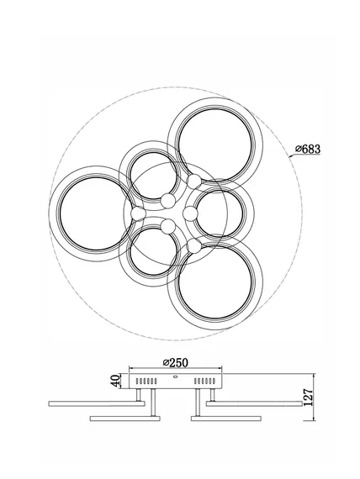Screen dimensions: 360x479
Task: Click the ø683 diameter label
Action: tap(308, 149)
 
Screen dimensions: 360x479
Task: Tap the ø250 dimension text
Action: tap(176, 362)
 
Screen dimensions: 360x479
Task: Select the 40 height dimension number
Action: tap(115, 381)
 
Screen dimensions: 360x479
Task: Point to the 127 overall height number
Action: tap(309, 397)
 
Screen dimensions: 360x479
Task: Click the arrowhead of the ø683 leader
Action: tap(290, 156)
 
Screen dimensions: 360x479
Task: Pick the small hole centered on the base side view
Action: tap(176, 376)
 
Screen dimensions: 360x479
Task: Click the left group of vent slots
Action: tap(146, 381)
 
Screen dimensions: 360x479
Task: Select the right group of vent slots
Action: tap(205, 381)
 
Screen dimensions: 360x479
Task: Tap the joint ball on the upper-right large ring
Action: tap(194, 182)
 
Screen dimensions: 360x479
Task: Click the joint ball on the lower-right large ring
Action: tap(194, 245)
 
